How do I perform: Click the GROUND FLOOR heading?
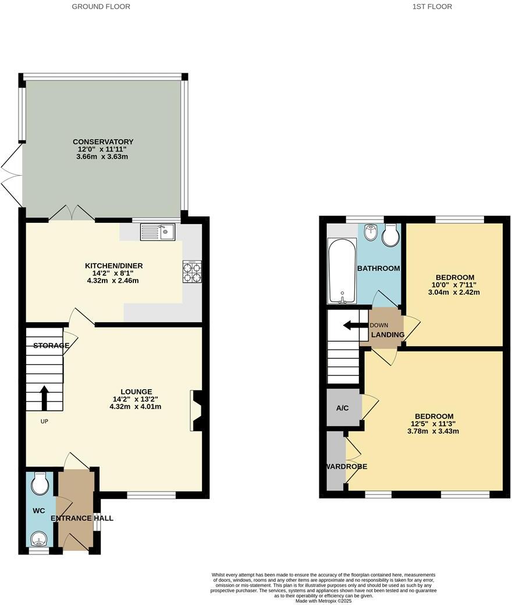(101, 6)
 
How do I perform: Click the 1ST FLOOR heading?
(431, 6)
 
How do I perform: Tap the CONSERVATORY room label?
(103, 141)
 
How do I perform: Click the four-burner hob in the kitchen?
(192, 272)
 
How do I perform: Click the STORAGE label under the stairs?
(51, 346)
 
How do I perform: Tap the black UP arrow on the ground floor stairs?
(44, 398)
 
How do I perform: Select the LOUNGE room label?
(136, 392)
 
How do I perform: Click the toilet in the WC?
(40, 483)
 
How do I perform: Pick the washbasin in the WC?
(40, 539)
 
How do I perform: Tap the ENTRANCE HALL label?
(82, 518)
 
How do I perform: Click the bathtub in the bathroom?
(342, 272)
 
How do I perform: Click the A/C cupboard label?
(343, 408)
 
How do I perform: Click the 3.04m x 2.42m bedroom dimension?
(454, 293)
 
